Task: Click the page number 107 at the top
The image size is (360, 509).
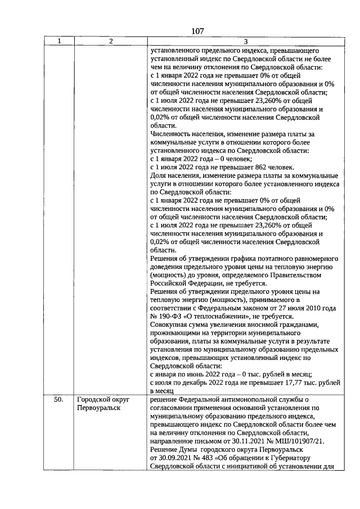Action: pos(197,31)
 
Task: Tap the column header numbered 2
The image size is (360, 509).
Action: pos(111,41)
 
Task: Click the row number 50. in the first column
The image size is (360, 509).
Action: pos(58,399)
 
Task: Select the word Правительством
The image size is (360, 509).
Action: pos(296,275)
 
